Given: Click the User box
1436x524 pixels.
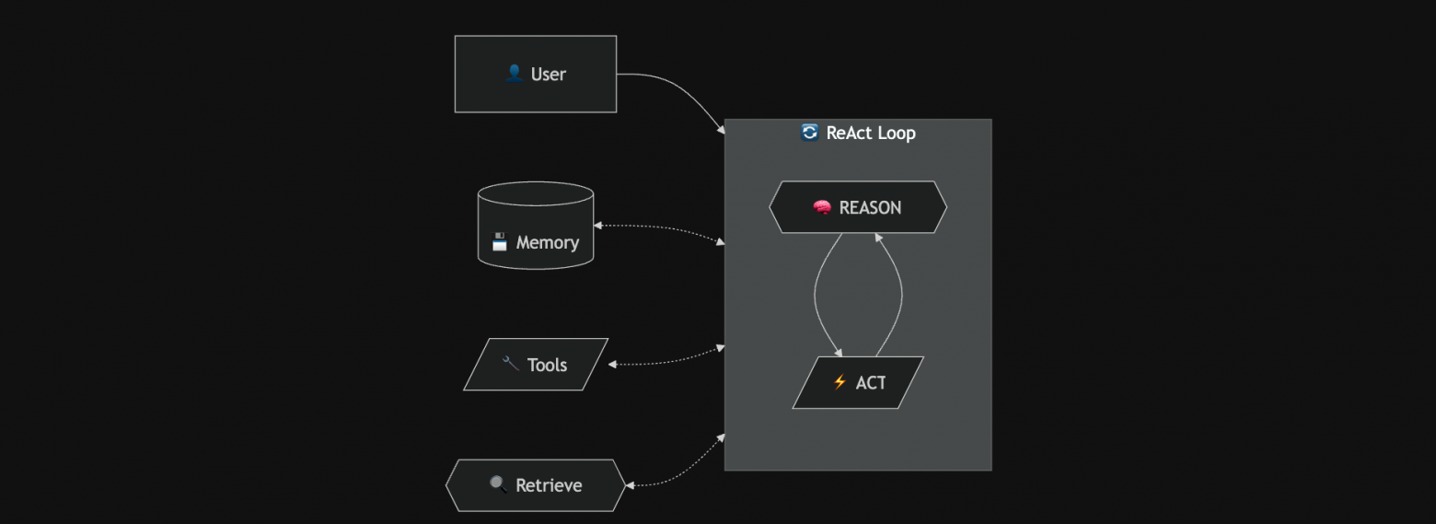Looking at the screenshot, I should (x=535, y=74).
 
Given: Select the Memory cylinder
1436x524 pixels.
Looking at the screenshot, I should (x=535, y=227).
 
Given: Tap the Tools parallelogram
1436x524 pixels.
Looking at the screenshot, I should (x=535, y=365).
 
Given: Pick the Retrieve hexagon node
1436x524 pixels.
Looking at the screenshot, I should (x=535, y=485).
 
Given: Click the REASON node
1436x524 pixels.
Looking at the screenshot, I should (x=857, y=207).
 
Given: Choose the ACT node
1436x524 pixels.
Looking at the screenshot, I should (x=857, y=382).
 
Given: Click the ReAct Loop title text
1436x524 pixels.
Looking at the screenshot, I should (x=870, y=133).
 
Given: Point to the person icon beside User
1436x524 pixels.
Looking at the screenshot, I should (x=515, y=74).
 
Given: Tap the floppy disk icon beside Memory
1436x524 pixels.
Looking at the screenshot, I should (x=500, y=242).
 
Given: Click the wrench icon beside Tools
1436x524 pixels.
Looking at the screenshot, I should (x=511, y=364).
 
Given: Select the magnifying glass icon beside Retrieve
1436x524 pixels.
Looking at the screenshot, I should (x=498, y=484).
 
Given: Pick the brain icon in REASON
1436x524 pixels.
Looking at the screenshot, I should (x=822, y=207).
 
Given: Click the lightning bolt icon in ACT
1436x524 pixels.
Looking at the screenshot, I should (x=840, y=382).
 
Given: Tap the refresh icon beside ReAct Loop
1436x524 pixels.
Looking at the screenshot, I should (x=809, y=133).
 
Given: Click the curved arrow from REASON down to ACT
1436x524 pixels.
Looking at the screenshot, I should (x=816, y=295).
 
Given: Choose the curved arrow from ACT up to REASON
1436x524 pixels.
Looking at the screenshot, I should (x=901, y=295).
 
